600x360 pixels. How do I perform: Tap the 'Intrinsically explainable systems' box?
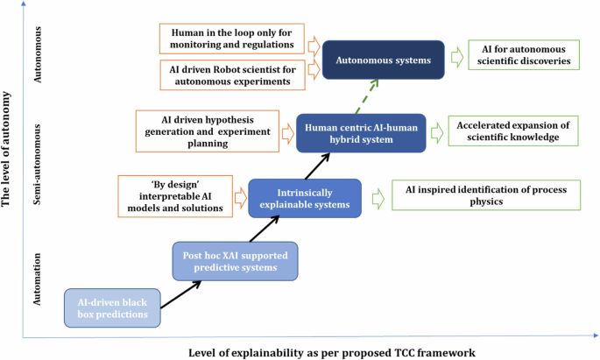pos(305,197)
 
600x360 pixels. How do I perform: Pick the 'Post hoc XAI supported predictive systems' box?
pos(235,261)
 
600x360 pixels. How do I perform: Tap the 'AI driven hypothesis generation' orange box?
pos(208,131)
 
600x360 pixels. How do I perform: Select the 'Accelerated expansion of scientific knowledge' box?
pos(513,131)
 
